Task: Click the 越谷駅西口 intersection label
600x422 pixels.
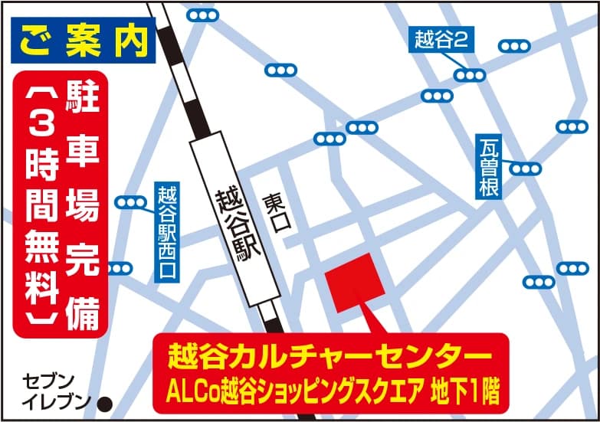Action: point(166,233)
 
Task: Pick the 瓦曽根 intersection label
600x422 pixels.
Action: point(489,168)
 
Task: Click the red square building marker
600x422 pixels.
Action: point(354,281)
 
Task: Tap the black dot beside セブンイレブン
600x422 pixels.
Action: point(107,401)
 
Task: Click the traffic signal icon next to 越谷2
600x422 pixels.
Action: point(469,75)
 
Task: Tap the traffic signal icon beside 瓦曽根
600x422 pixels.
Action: point(526,168)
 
